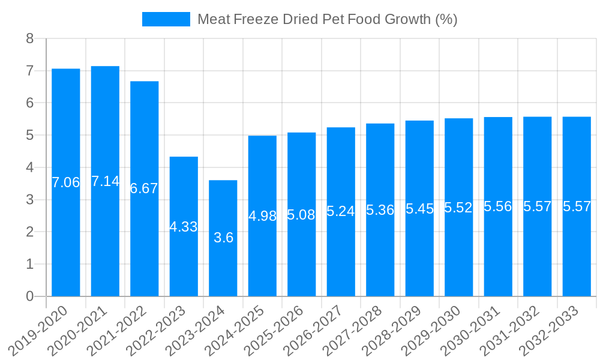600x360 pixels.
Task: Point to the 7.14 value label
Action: pyautogui.click(x=105, y=181)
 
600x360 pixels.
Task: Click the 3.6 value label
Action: pyautogui.click(x=223, y=238)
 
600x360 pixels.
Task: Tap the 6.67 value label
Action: pyautogui.click(x=144, y=188)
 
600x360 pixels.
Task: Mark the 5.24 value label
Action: pyautogui.click(x=341, y=211)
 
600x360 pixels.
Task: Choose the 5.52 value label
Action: pyautogui.click(x=458, y=208)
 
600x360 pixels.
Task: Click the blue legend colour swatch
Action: pyautogui.click(x=166, y=19)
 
